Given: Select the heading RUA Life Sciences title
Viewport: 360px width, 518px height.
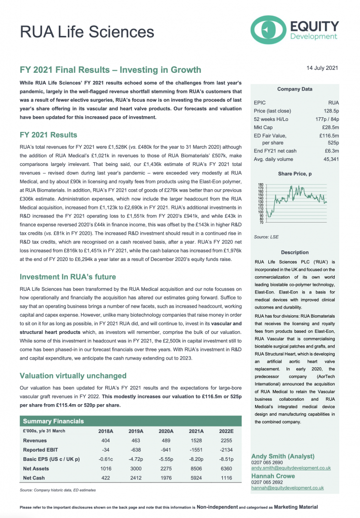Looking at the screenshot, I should point(87,32).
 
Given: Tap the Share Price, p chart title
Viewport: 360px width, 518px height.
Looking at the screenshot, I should point(295,174).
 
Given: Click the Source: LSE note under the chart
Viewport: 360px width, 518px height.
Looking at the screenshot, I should point(266,237).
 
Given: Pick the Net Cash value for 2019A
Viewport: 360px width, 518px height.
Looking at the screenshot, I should point(137,477).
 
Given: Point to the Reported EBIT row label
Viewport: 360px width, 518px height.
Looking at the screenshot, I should point(43,449).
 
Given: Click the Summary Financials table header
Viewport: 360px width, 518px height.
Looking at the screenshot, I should point(54,421).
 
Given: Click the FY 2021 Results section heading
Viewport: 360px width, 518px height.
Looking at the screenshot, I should point(48,135).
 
